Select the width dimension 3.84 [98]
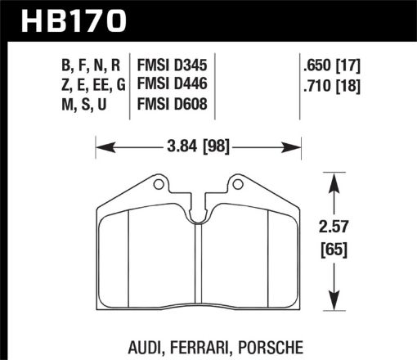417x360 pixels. click(199, 147)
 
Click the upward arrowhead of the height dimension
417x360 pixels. click(333, 179)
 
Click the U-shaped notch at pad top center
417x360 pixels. click(199, 214)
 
